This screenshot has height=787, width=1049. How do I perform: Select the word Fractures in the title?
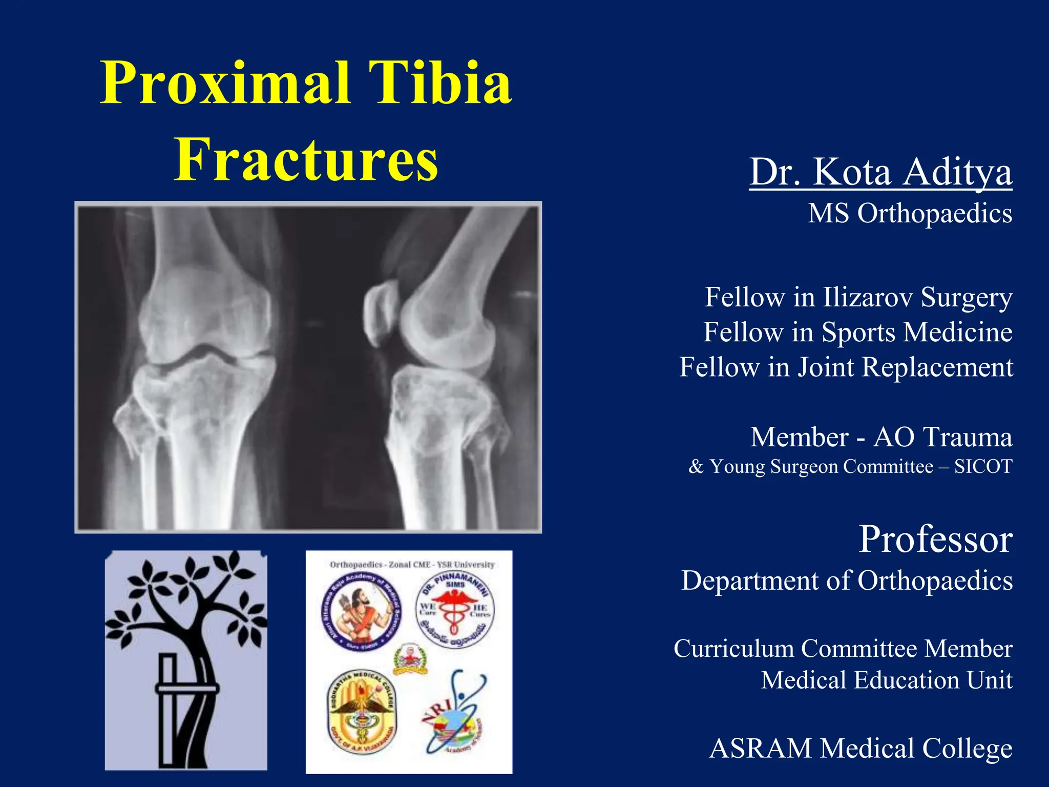306,159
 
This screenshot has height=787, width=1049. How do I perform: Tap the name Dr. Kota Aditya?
880,172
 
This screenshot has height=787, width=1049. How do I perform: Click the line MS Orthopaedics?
910,213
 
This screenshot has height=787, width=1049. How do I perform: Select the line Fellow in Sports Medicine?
857,332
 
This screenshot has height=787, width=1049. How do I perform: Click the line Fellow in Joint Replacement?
846,367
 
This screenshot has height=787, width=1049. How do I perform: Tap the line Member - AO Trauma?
881,438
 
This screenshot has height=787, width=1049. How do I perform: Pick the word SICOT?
983,467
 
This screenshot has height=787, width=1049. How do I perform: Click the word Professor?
935,539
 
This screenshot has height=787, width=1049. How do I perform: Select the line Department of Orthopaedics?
847,581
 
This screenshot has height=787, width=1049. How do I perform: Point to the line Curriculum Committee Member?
843,649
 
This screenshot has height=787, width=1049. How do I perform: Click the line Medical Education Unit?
886,680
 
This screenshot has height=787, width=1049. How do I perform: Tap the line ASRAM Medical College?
861,749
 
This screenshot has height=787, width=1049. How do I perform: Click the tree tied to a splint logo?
186,660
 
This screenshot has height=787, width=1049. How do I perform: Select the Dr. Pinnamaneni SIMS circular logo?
455,609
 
